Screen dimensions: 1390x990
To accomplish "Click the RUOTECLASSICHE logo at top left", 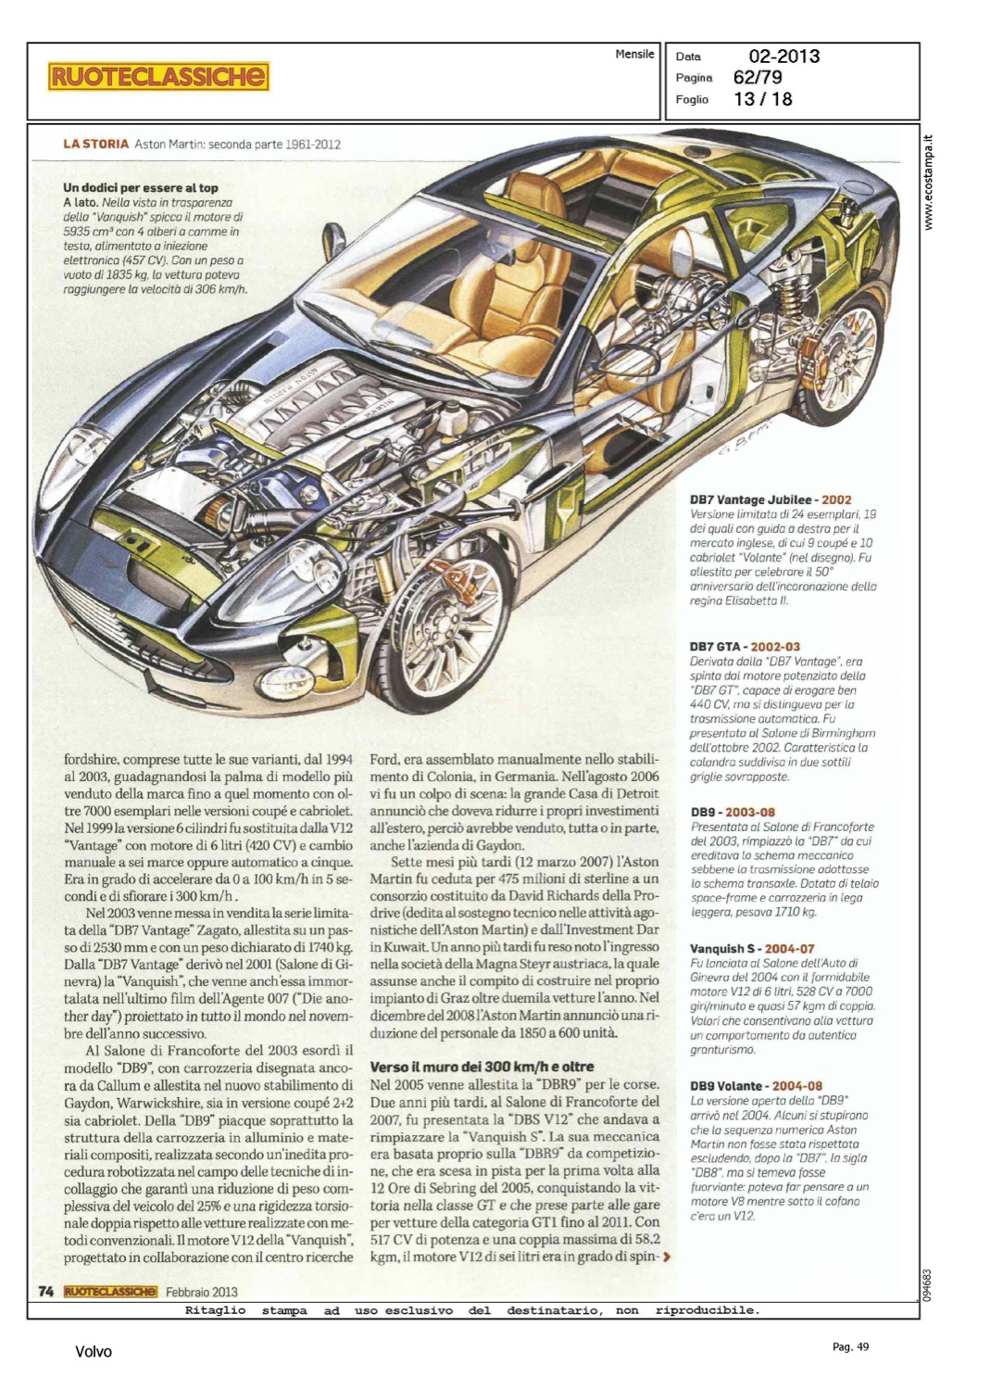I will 158,76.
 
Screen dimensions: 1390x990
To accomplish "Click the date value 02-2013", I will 784,56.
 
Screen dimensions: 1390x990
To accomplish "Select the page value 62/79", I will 758,78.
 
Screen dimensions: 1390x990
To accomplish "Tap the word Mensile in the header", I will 634,54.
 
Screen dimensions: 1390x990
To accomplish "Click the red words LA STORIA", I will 95,145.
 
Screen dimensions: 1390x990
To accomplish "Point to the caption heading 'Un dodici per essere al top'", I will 141,187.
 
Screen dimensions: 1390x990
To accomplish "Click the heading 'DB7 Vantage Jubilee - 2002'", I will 770,499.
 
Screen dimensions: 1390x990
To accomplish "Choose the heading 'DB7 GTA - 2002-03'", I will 745,647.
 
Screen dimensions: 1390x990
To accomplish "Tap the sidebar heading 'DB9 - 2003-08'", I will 733,812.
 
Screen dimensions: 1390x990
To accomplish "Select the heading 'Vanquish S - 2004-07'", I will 752,948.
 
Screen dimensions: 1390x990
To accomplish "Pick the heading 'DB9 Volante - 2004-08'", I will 756,1086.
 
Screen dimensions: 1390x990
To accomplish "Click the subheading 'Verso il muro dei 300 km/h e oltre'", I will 482,1067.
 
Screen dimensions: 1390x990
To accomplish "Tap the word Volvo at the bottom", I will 94,1352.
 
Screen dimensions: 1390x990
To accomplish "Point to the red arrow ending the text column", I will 667,1257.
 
